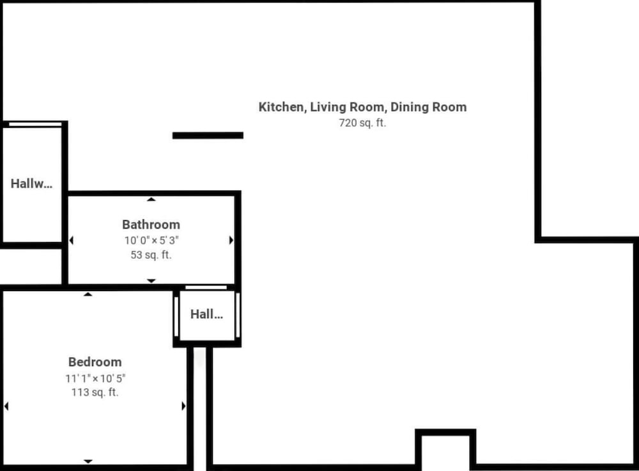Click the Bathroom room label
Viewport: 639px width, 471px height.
tap(151, 225)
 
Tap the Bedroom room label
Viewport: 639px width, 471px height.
tap(95, 362)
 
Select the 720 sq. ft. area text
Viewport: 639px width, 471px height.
tap(362, 123)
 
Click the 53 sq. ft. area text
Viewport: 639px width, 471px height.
tap(151, 255)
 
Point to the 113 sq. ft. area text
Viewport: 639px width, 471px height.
tap(95, 392)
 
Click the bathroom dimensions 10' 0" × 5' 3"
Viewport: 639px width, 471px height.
tap(151, 241)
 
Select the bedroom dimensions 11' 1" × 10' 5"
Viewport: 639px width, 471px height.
tap(95, 378)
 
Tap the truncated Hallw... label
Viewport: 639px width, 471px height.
tap(31, 184)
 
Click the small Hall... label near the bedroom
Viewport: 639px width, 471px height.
tap(206, 314)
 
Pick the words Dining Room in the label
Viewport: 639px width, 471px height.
tap(429, 107)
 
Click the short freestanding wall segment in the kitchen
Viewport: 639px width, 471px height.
tap(208, 136)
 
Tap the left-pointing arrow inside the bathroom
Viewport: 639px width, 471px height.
tap(72, 241)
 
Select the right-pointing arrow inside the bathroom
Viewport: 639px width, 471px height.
tap(231, 240)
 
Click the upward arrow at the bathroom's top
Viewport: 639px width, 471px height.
tap(151, 199)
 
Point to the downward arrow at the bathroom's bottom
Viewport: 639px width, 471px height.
tap(151, 281)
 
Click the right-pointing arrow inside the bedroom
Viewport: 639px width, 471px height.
tap(183, 406)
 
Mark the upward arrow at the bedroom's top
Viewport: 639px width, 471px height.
tap(88, 294)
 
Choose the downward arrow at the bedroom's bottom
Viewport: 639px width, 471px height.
tap(88, 461)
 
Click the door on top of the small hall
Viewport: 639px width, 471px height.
tap(206, 288)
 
